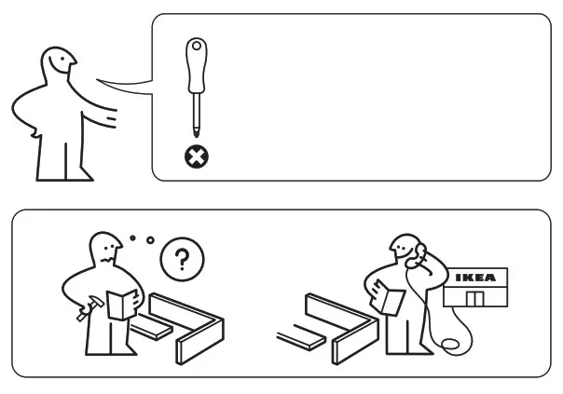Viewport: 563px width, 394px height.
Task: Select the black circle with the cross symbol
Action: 198,156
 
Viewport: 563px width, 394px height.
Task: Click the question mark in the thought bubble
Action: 181,257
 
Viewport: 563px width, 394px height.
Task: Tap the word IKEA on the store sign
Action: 475,278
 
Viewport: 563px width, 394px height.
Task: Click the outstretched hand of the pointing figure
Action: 113,120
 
